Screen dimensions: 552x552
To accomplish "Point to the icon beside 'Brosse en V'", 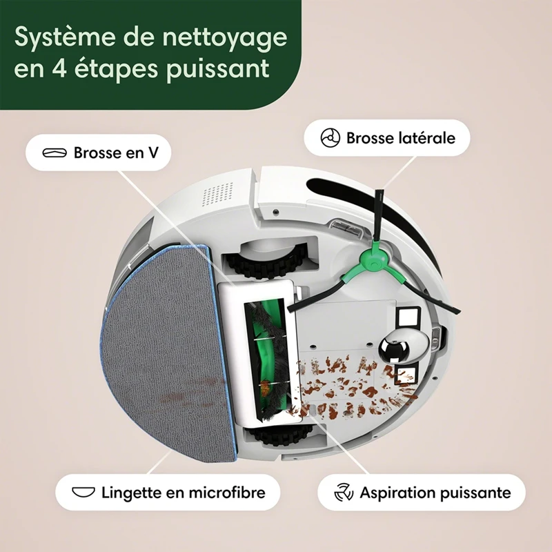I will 54,152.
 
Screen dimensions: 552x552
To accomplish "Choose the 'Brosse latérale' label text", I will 400,138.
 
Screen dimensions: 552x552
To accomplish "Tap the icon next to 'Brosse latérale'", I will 331,138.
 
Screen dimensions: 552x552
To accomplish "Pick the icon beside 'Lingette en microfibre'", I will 83,493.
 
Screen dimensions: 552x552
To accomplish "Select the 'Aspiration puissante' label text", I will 435,493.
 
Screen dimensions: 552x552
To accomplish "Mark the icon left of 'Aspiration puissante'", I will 344,493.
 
